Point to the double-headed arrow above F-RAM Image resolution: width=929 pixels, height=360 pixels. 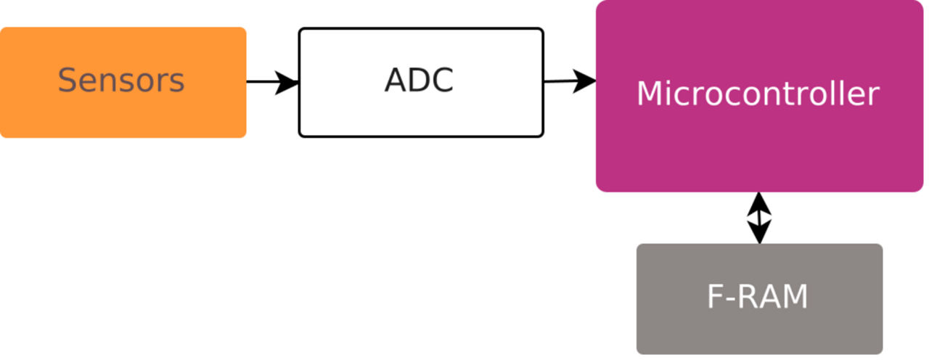coord(759,218)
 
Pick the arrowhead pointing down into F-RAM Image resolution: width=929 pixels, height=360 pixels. coord(759,233)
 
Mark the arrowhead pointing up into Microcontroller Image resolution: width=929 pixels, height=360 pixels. coord(759,202)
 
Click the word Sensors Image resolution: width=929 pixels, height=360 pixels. coord(121,81)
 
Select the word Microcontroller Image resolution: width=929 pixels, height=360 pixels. coord(758,94)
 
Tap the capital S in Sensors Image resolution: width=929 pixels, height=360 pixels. coord(67,81)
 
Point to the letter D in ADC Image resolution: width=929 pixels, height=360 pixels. coord(419,81)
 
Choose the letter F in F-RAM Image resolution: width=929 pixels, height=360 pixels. coord(716,297)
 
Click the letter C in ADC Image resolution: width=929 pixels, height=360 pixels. coord(441,81)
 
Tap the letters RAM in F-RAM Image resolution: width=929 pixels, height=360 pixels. coord(772,297)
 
